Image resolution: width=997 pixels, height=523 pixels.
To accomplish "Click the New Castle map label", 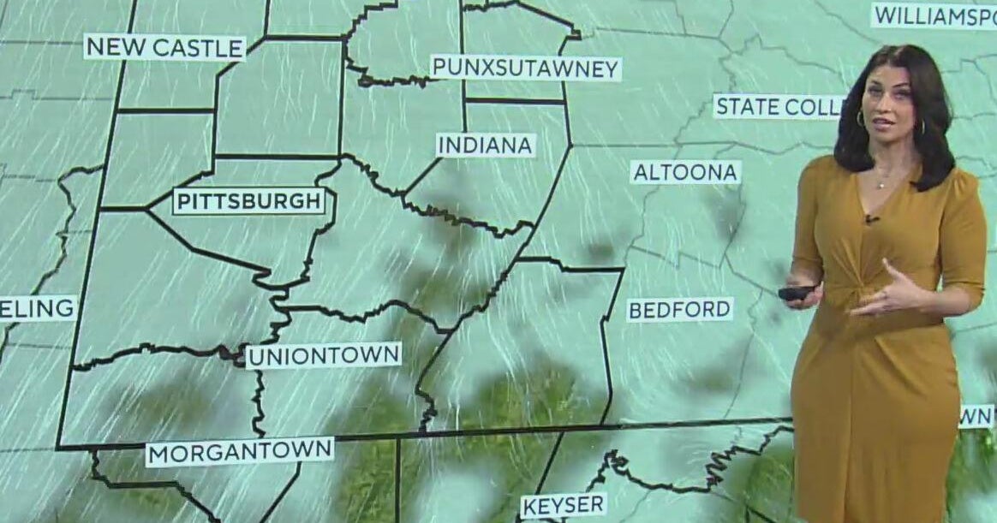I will [x=164, y=47].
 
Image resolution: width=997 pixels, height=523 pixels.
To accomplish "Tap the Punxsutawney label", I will [x=525, y=68].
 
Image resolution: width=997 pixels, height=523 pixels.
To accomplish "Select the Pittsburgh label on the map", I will [x=250, y=202].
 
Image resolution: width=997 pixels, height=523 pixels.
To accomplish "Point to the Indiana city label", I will [x=486, y=145].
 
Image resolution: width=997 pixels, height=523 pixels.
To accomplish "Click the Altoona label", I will [x=685, y=172].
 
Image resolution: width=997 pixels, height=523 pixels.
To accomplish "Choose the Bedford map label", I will [x=680, y=309].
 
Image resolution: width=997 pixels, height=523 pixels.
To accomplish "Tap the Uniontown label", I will [x=324, y=355].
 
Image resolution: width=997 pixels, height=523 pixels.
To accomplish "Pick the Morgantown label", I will [x=239, y=451].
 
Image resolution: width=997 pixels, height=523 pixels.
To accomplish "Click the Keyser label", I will [x=564, y=504].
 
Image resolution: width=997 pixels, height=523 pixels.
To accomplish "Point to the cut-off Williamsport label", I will [x=934, y=15].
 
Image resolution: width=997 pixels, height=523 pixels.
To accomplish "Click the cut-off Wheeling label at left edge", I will [x=38, y=308].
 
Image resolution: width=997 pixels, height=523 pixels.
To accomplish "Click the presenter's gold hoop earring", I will [x=860, y=119].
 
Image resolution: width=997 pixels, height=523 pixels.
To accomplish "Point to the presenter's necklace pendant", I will [x=881, y=183].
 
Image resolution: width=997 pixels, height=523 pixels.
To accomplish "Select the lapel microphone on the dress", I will [x=871, y=220].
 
